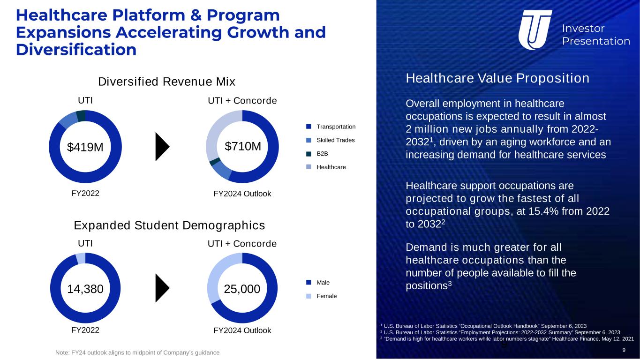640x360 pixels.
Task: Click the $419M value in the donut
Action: coord(85,147)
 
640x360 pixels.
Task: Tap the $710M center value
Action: coord(243,146)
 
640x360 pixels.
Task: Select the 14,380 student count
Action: coord(85,289)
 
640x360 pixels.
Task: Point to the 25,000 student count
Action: coord(242,289)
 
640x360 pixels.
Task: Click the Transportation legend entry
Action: coord(331,127)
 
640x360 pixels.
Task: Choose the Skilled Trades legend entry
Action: coord(330,140)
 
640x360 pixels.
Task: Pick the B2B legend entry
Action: coord(317,154)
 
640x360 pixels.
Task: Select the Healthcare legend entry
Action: coord(326,167)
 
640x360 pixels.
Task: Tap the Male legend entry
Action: coord(318,283)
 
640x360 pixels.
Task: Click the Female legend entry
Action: coord(322,296)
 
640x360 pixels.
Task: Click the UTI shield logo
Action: coord(535,30)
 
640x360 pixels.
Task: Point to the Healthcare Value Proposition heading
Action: coord(497,78)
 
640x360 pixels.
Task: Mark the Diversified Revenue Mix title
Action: coord(166,82)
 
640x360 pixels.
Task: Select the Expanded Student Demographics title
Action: coord(169,225)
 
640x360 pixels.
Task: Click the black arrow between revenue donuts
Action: coord(162,147)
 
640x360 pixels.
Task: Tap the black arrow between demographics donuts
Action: coord(162,288)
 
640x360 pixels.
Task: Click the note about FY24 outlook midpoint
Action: coord(137,352)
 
